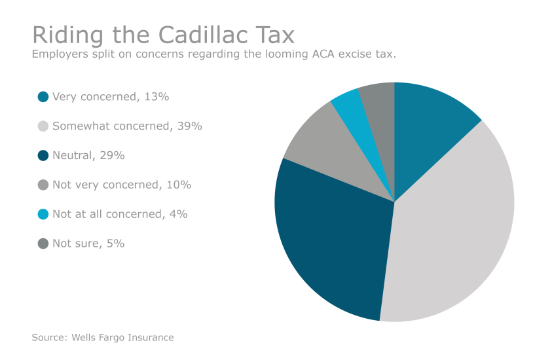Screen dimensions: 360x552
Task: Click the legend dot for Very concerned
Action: [43, 97]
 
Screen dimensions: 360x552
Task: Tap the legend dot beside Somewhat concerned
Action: [43, 126]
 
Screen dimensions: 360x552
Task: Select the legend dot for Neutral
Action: [43, 156]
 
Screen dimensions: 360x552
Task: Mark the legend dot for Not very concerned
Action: [43, 185]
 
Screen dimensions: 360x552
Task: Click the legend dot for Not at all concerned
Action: [43, 214]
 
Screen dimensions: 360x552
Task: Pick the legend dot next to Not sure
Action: [43, 243]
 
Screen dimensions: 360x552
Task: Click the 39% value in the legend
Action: [190, 126]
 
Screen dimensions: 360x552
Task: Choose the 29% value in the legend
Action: [112, 156]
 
